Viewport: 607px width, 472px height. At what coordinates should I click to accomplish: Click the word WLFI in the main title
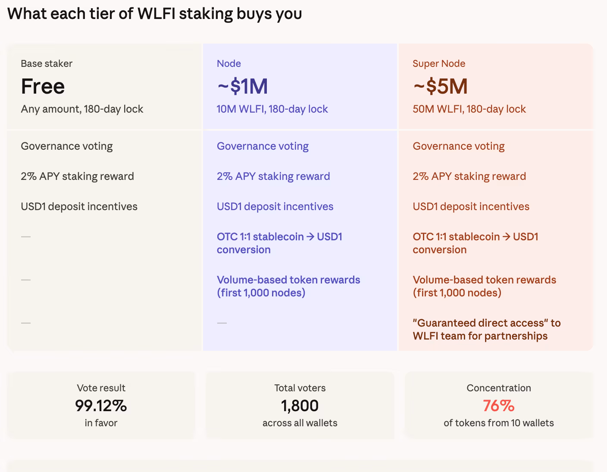coord(156,14)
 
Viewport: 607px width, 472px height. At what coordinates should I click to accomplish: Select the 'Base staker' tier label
coord(47,63)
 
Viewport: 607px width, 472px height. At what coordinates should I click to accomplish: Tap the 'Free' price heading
coord(43,86)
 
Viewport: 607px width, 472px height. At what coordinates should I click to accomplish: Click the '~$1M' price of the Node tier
coord(242,86)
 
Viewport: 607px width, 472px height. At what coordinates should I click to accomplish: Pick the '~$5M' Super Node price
coord(440,86)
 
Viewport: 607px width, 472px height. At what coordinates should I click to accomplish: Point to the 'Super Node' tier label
coord(439,63)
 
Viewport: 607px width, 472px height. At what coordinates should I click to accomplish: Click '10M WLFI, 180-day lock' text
coord(272,109)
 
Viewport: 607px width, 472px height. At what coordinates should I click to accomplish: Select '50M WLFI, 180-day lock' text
coord(469,109)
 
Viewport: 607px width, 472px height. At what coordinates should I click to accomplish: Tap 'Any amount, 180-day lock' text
coord(82,109)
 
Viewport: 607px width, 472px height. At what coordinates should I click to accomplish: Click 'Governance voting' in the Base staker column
coord(67,146)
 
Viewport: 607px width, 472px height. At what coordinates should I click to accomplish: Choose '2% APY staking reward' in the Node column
coord(273,176)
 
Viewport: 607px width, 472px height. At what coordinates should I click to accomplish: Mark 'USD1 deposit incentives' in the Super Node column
coord(471,207)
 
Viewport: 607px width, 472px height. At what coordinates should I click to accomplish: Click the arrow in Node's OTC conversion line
coord(310,237)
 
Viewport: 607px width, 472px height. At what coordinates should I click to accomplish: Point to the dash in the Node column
coord(222,323)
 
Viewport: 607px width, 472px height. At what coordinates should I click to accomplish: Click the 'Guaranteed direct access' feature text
coord(486,324)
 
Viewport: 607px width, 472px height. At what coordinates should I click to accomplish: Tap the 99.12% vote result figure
coord(101,406)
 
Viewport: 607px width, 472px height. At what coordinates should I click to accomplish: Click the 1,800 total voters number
coord(300,406)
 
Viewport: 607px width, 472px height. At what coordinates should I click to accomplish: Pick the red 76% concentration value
coord(498,406)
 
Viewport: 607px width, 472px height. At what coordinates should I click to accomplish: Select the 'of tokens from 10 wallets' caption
coord(498,423)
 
